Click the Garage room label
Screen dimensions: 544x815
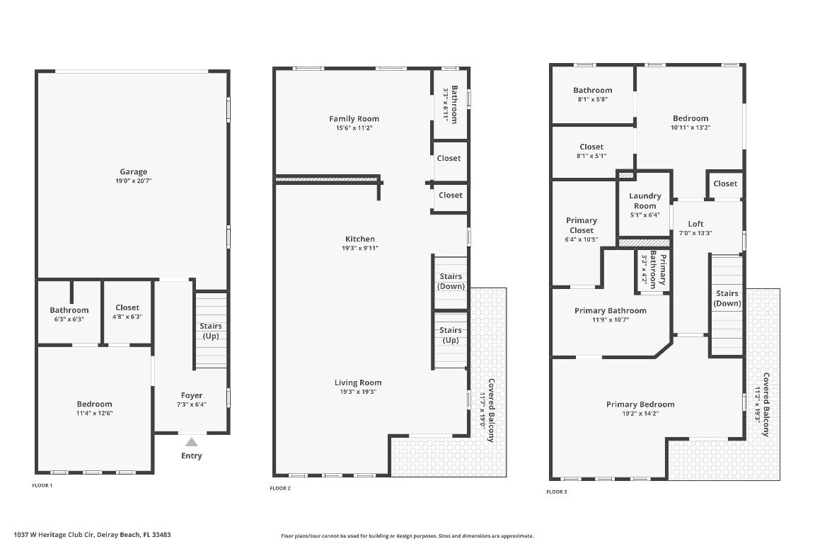point(133,171)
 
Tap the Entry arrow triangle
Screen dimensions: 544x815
point(191,441)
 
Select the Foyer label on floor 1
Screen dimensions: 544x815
point(191,395)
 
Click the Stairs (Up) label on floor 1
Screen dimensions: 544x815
point(211,331)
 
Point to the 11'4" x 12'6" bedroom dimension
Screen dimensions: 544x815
point(94,413)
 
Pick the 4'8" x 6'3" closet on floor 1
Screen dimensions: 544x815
point(127,317)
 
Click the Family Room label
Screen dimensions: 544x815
point(354,119)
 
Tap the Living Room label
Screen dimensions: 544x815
point(358,382)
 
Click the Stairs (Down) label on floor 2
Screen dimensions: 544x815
point(451,281)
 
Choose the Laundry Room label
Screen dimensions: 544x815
point(645,200)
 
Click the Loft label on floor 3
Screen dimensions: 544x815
point(695,224)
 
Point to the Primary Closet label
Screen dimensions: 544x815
point(581,225)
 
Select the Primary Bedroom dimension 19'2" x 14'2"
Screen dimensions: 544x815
point(640,414)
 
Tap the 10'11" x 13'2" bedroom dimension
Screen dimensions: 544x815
point(690,127)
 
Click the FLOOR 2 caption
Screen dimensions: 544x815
point(280,488)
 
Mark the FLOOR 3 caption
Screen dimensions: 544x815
point(557,491)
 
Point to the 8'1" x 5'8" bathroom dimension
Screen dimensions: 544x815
point(592,99)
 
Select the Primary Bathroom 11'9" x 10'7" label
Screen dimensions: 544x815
point(610,311)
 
